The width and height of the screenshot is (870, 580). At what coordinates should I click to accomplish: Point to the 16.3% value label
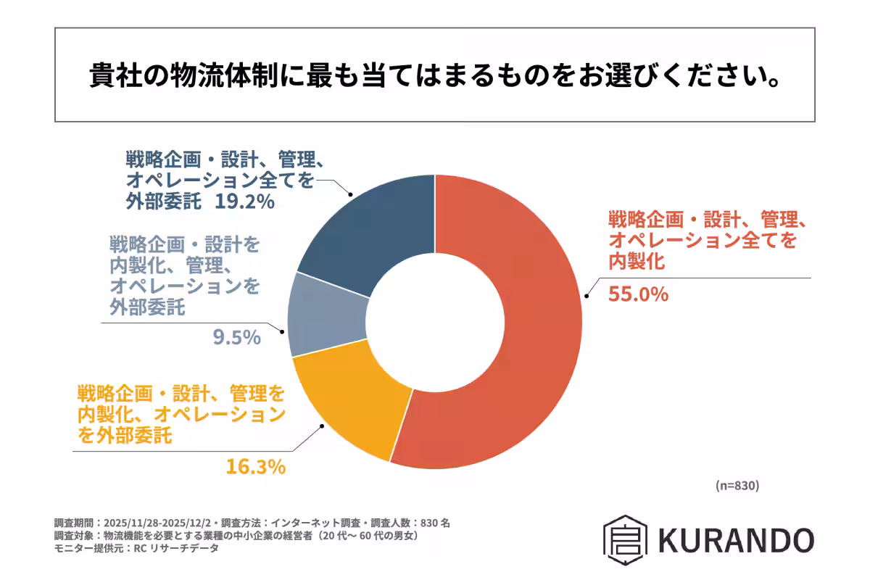[255, 467]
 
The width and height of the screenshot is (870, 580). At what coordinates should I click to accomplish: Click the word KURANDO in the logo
[736, 540]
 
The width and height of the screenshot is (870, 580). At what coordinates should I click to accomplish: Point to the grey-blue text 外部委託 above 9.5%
[146, 308]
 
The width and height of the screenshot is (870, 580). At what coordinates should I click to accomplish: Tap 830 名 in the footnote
[435, 523]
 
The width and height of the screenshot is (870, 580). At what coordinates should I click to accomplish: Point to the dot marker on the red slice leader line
[587, 296]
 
